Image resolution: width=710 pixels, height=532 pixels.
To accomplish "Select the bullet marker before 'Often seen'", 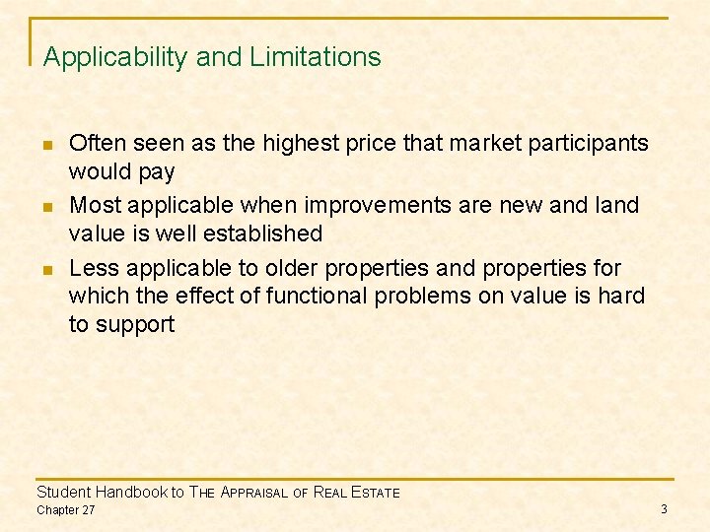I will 47,145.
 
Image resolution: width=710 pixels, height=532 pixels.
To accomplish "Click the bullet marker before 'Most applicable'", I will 47,207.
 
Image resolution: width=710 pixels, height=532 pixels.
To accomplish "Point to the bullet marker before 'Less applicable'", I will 47,269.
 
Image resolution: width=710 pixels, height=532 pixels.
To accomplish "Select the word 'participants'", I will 590,144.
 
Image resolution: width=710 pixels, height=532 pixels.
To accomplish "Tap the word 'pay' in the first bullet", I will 157,173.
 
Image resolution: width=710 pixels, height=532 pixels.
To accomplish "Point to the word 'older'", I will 286,268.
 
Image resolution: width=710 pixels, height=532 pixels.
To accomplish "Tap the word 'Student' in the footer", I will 63,492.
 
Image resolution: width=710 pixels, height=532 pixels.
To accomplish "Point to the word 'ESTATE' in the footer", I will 370,493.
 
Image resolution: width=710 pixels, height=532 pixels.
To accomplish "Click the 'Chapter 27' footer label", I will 66,509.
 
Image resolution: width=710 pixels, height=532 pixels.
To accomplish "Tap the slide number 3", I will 664,508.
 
